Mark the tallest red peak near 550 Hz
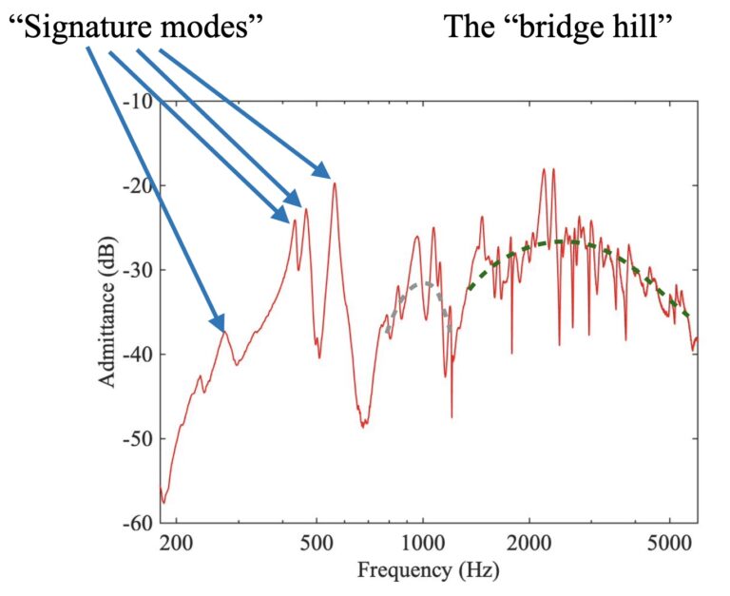pyautogui.click(x=335, y=183)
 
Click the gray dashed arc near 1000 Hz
pyautogui.click(x=418, y=284)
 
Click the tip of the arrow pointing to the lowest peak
pyautogui.click(x=224, y=327)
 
